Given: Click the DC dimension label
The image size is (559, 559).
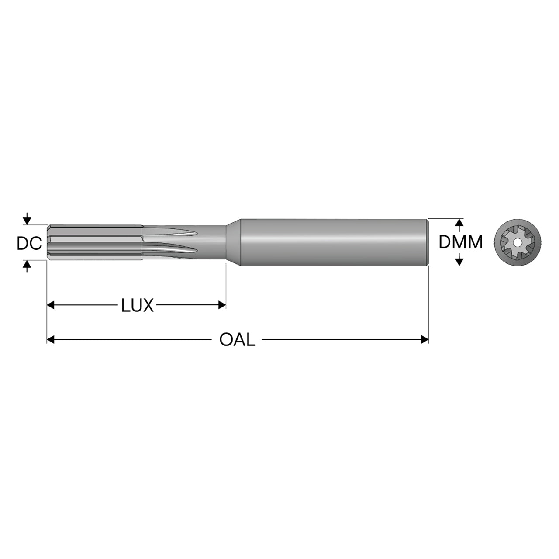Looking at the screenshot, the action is tap(29, 243).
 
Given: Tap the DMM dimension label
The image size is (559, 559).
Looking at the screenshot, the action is tap(460, 242).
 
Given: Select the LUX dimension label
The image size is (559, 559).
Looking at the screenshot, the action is tap(137, 305).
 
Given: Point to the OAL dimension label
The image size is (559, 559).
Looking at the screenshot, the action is tap(237, 339).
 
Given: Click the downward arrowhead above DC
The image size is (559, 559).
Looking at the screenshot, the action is tap(27, 221).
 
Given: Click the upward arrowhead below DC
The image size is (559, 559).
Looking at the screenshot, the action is tap(27, 264).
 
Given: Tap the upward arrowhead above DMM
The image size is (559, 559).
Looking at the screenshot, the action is tap(459, 223).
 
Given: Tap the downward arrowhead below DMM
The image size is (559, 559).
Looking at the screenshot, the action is tap(459, 262).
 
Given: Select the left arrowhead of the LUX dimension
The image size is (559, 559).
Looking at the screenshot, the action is tap(51, 305).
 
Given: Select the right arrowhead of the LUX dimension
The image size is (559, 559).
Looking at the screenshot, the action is tap(222, 305).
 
